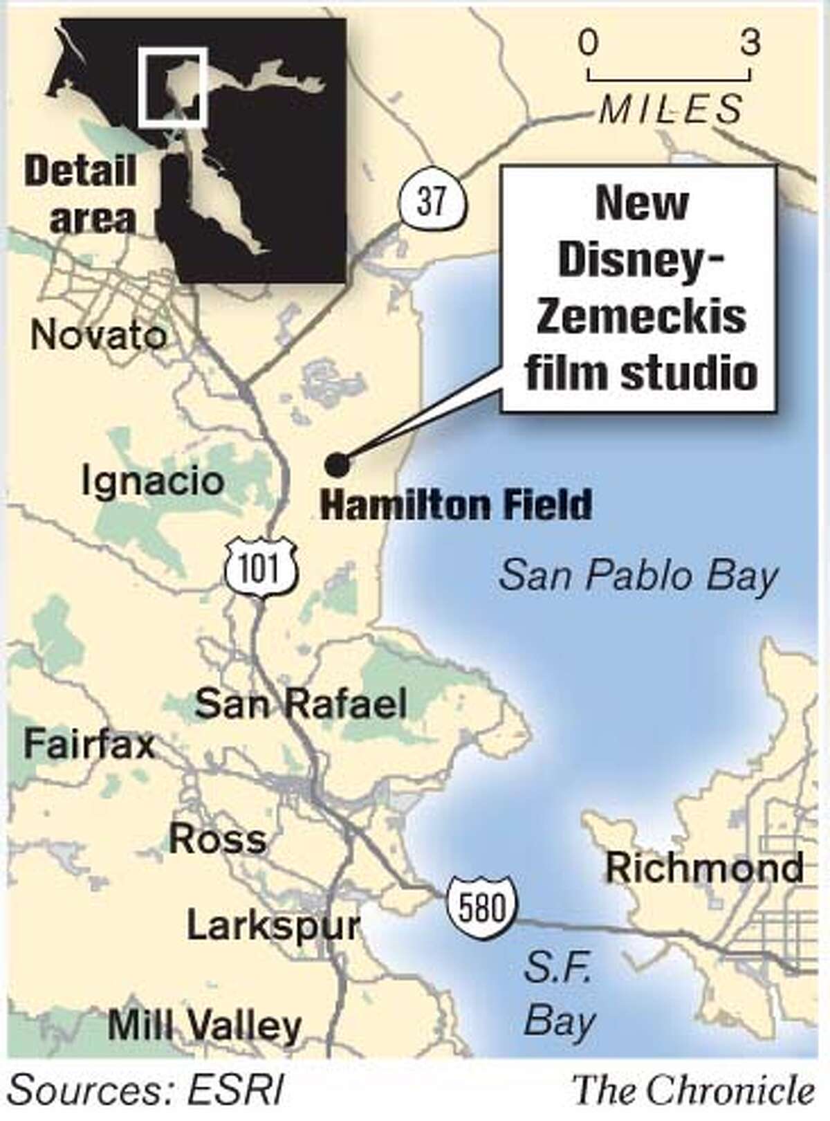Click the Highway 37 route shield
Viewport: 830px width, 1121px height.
point(430,203)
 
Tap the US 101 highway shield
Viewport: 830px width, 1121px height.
point(262,569)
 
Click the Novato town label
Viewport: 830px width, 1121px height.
point(99,336)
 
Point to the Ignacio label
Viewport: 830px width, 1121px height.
point(153,481)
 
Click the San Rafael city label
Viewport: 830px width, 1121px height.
point(300,704)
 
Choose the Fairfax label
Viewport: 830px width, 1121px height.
point(89,746)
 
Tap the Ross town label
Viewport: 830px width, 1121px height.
point(218,839)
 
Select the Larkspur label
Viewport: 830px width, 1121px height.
point(273,926)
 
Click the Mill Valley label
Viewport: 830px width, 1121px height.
point(205,1026)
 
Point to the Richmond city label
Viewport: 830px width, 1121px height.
point(705,868)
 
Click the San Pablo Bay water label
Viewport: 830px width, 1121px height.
point(638,576)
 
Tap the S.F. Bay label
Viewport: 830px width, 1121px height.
point(559,994)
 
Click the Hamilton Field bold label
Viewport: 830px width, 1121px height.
point(456,505)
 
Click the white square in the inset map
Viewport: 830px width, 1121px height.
point(172,87)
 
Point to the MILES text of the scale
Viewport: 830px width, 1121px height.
point(670,109)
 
